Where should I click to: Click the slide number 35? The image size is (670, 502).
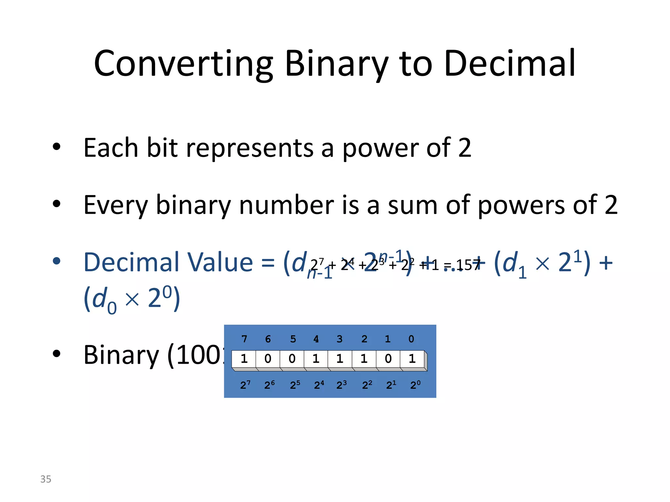[x=46, y=479]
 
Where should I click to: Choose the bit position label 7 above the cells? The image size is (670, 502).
[x=244, y=339]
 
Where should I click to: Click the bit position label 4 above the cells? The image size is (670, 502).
[x=316, y=339]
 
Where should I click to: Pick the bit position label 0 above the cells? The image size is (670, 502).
[x=411, y=339]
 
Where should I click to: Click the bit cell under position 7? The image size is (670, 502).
[x=244, y=359]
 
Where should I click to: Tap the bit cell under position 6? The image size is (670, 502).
[x=268, y=359]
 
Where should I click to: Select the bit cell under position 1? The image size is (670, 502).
[x=388, y=359]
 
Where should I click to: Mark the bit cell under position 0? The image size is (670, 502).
[x=412, y=359]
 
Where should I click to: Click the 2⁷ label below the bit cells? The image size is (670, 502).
[x=245, y=385]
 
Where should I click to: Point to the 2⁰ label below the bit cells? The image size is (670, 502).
[x=415, y=385]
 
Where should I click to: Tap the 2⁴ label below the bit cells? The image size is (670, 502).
[x=319, y=385]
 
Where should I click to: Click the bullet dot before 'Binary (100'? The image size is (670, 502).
[x=57, y=354]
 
